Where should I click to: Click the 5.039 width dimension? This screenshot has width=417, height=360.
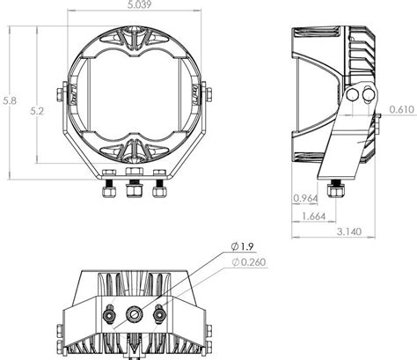click(x=134, y=6)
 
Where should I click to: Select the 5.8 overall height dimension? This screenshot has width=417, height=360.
click(x=9, y=102)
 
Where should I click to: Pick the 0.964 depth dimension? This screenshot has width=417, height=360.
click(x=305, y=198)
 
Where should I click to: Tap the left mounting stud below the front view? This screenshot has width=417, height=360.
click(x=109, y=188)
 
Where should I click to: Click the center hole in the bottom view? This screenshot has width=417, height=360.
click(x=134, y=311)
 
